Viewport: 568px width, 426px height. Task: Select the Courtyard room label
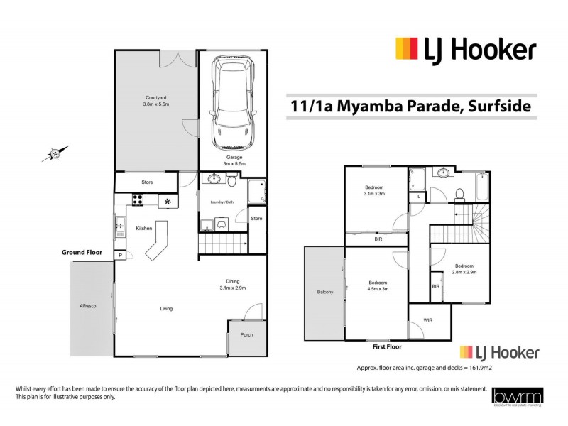point(156,101)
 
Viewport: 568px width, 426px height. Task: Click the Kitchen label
point(146,228)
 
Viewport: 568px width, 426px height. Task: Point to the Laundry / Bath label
point(223,203)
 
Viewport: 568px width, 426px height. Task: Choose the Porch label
point(246,334)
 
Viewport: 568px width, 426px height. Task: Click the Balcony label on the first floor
point(326,292)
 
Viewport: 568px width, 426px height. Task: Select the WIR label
point(427,320)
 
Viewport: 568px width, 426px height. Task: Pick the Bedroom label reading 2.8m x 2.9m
point(463,268)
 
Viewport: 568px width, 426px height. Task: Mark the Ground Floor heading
point(82,252)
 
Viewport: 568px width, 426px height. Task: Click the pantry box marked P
point(121,255)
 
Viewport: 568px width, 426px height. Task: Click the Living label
point(166,308)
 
